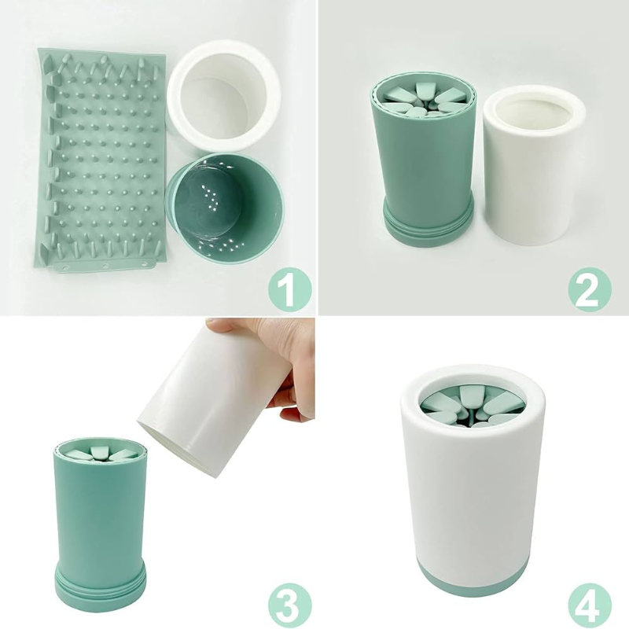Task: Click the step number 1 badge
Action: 290,290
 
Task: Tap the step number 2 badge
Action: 590,290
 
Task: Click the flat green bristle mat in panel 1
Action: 101,160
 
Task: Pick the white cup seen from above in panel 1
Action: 223,95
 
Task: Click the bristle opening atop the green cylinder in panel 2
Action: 425,99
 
